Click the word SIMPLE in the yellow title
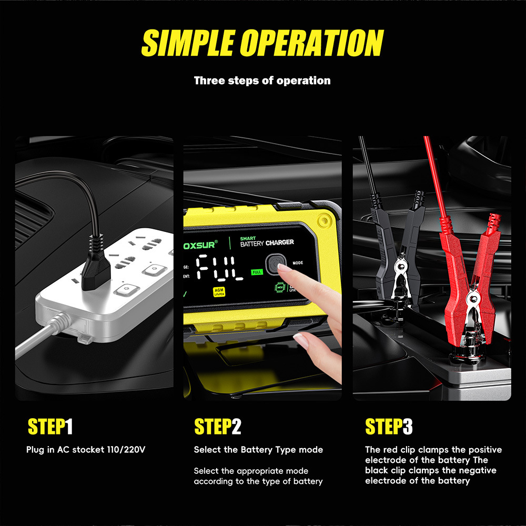(188, 43)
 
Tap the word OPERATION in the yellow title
(312, 43)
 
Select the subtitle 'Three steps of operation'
(262, 80)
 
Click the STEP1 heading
(50, 427)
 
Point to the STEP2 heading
(218, 427)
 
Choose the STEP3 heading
(389, 427)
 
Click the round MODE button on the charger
(276, 265)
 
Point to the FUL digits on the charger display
(220, 268)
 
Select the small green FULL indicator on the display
(257, 272)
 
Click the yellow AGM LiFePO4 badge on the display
(219, 292)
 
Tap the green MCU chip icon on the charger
(280, 288)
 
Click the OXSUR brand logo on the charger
(200, 245)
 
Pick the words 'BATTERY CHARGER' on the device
(267, 243)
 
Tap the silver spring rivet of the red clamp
(473, 297)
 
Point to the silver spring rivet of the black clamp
(400, 267)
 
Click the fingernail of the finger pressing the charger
(285, 268)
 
